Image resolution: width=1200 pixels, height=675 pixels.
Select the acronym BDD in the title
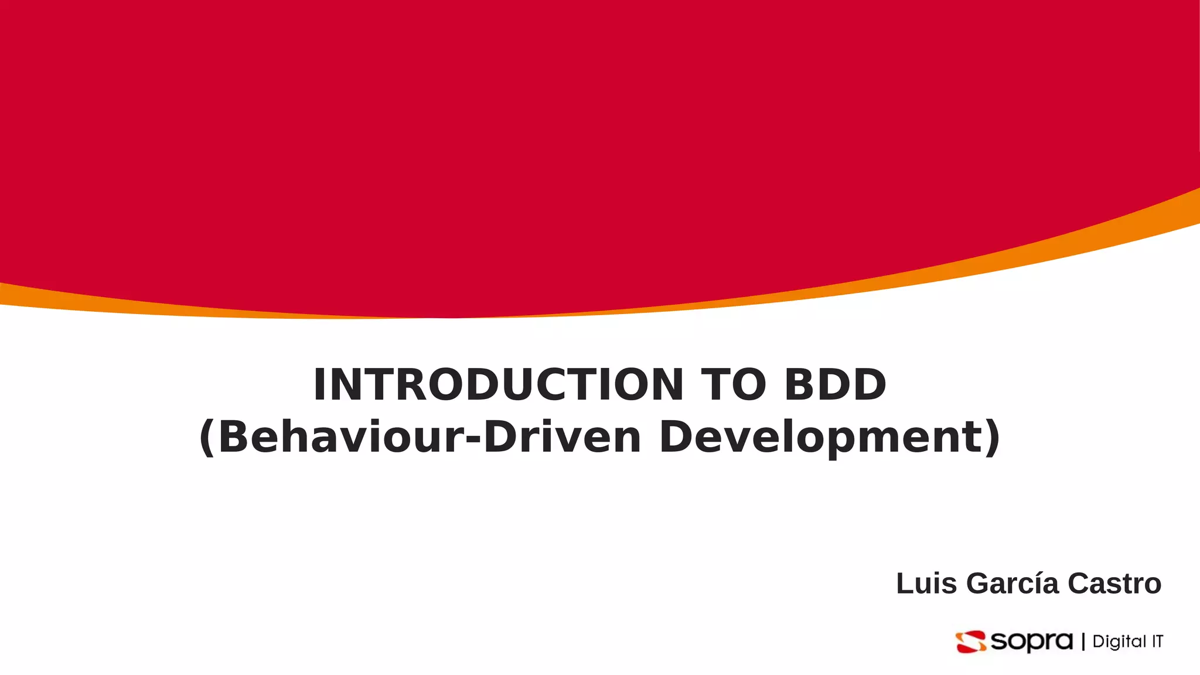(x=836, y=385)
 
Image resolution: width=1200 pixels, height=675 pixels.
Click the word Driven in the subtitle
(x=562, y=438)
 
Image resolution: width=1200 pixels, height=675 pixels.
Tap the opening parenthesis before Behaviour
(x=207, y=438)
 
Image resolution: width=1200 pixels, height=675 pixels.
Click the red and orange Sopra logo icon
(x=971, y=642)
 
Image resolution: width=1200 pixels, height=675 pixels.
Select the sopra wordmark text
(x=1031, y=642)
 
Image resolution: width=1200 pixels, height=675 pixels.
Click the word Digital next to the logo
(x=1119, y=642)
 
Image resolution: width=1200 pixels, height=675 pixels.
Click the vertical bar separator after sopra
(x=1083, y=642)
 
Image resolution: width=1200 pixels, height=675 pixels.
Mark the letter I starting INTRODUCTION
(x=320, y=385)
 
